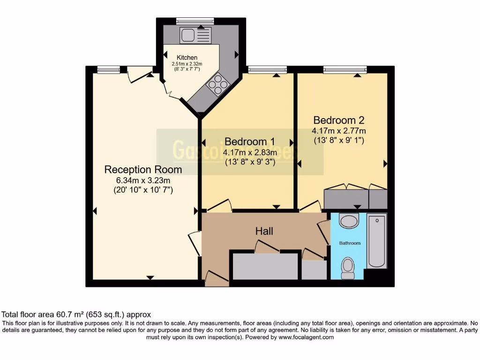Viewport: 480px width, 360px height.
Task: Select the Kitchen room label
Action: click(x=187, y=58)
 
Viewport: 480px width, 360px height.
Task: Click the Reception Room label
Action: click(x=143, y=169)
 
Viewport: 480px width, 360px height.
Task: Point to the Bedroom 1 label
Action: click(x=249, y=142)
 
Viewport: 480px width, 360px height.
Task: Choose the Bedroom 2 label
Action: click(x=339, y=120)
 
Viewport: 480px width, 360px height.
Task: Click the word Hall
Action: click(x=264, y=231)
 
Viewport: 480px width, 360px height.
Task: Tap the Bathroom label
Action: click(x=350, y=243)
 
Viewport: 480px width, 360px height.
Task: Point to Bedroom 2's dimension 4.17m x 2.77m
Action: click(x=339, y=130)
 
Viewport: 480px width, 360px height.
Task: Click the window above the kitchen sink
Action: click(x=195, y=21)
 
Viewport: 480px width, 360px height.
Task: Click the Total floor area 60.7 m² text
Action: click(x=76, y=315)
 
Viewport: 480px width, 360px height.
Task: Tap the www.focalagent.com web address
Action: click(x=306, y=337)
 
